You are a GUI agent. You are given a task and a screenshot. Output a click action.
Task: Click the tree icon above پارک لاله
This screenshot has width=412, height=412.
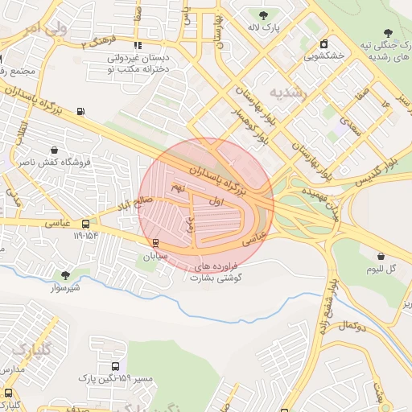coord(264,14)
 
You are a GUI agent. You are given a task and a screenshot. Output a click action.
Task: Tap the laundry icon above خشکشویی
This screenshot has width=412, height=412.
coord(323,43)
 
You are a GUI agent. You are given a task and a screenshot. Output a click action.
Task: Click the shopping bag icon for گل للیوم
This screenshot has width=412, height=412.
coord(380,256)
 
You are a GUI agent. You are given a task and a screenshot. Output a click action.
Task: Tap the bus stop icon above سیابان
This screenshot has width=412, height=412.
coord(154,243)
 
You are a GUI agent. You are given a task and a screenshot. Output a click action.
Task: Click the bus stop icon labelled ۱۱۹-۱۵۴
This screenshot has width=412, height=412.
coord(86,224)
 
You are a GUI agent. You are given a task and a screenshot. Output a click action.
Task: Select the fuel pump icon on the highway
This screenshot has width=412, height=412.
coord(80,112)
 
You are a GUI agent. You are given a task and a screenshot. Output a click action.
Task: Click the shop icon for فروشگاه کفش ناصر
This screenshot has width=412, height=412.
coord(54,150)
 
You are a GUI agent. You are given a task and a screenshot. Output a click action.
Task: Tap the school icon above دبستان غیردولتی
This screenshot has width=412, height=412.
coord(138,45)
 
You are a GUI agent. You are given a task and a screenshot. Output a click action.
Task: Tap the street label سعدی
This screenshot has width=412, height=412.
coord(349,124)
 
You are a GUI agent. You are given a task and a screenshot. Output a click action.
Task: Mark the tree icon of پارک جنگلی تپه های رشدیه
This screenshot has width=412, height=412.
coord(387,33)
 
